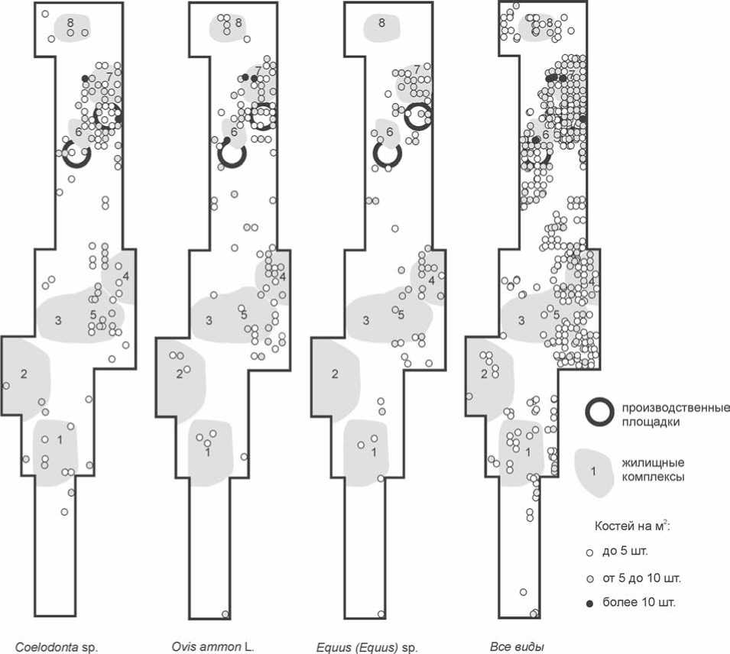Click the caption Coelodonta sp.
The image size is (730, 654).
point(58,647)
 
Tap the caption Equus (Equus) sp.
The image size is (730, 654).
point(367,647)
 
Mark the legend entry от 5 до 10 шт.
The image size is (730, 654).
point(639,577)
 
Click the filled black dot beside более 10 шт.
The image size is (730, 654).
point(589,604)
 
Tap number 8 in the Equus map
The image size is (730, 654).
point(381,23)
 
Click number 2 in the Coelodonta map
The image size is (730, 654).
point(24,374)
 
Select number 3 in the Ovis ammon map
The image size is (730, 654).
point(209,319)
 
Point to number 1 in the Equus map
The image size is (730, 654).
point(374,452)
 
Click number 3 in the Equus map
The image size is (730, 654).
point(365,320)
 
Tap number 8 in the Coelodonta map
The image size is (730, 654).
point(70,23)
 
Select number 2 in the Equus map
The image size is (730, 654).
point(334,374)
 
